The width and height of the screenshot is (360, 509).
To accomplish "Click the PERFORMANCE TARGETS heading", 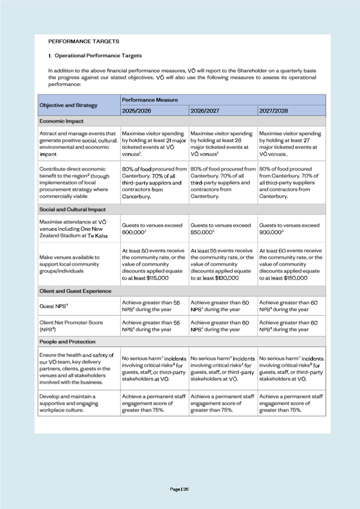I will [84, 41].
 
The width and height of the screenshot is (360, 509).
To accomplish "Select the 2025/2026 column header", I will [136, 110].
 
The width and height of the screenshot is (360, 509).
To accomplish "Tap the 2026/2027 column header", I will [204, 110].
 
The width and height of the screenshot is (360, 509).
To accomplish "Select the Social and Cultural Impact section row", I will [73, 209].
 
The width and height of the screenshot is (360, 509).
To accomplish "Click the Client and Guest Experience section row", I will [75, 291].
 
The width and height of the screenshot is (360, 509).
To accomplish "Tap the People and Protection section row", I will [67, 342].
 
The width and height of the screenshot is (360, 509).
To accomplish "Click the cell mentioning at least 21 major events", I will [154, 144].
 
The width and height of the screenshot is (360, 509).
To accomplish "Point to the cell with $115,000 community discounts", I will [154, 264].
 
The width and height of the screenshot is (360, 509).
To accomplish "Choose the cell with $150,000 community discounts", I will [291, 264].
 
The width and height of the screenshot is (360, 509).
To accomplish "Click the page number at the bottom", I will [180, 489].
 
